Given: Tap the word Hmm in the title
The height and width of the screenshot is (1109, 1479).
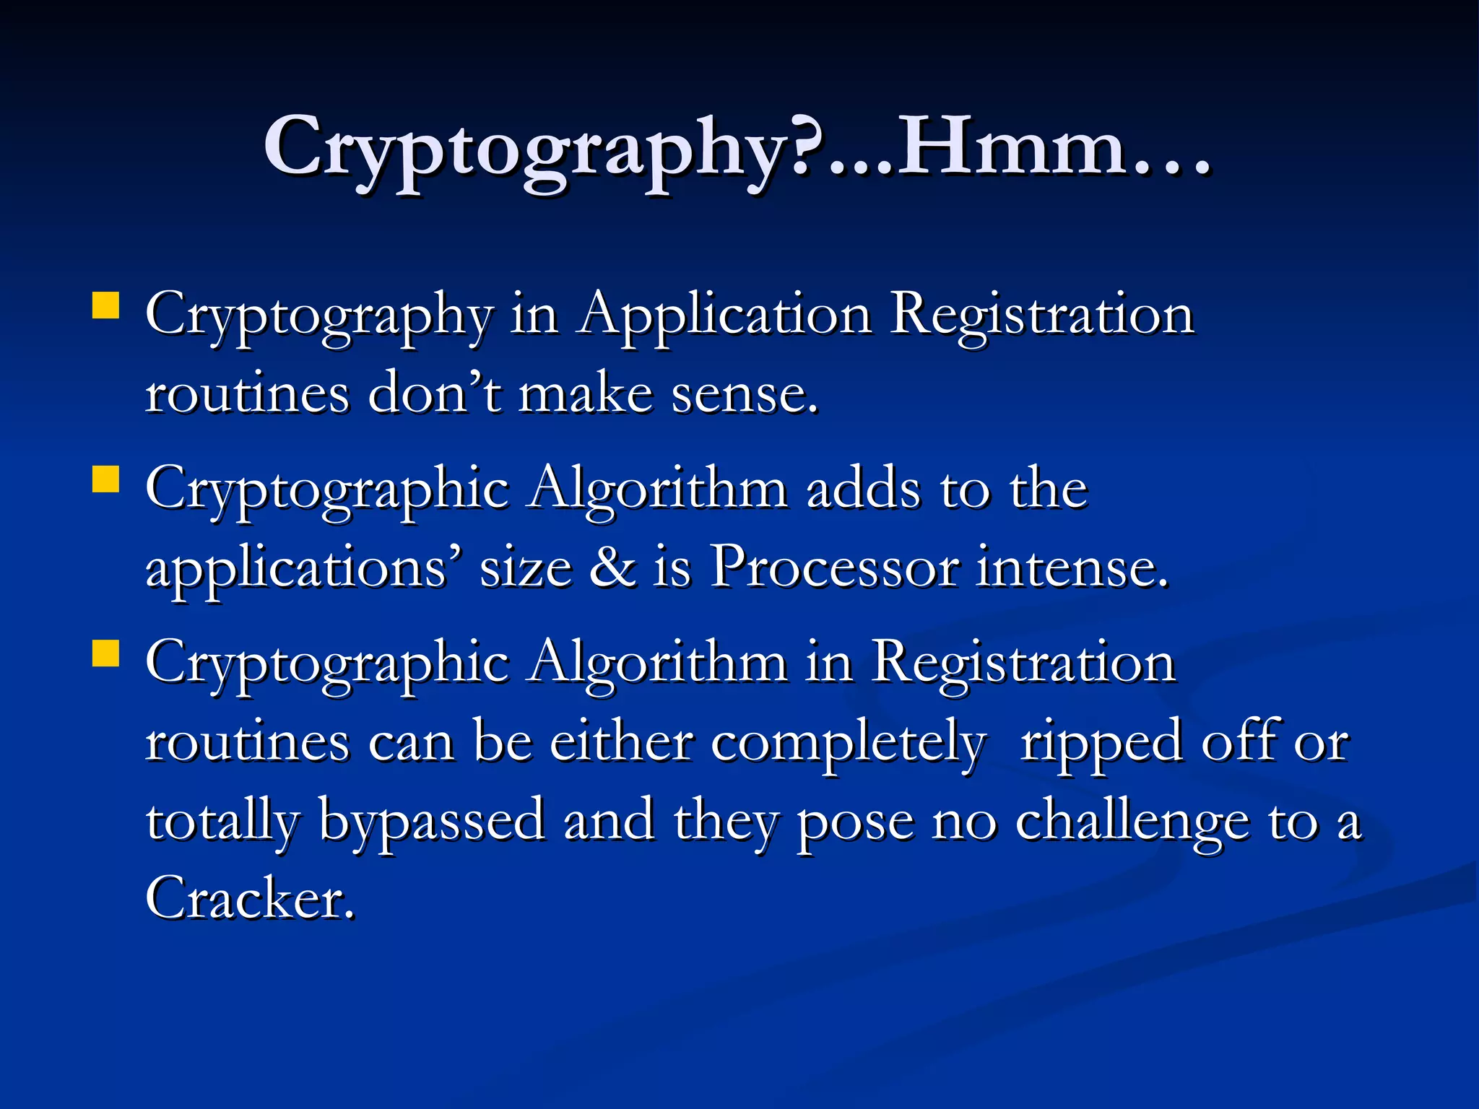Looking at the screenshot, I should (x=1011, y=148).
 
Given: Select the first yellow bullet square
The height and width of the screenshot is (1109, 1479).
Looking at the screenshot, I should (x=106, y=305).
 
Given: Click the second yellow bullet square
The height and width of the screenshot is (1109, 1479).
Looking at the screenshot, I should (x=106, y=479).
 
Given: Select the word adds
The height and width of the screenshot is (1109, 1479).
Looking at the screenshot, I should (x=863, y=490).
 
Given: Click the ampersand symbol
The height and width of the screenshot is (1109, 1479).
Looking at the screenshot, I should (x=612, y=567).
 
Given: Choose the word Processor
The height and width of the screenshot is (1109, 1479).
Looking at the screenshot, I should (x=835, y=567).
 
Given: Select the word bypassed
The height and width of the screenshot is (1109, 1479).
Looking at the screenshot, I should (x=432, y=822).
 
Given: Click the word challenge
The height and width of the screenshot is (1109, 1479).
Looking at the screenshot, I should (x=1132, y=822).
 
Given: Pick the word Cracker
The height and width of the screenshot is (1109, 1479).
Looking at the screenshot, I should (x=249, y=898).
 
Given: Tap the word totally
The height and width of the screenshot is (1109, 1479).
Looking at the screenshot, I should (x=222, y=822).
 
